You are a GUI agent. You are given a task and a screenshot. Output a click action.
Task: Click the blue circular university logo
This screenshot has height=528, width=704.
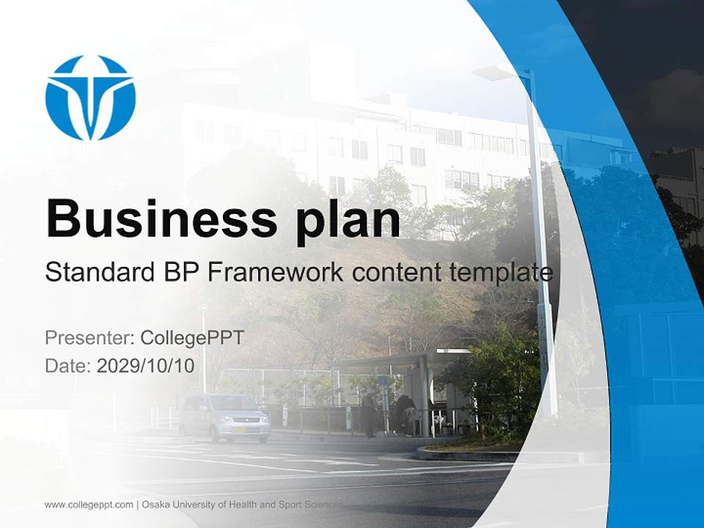(90, 97)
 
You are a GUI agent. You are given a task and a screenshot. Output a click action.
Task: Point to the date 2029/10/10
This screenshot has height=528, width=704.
(146, 365)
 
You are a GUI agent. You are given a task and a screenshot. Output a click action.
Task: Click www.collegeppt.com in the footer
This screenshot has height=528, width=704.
(89, 505)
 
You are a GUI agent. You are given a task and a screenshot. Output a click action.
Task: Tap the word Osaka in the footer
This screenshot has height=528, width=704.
(155, 505)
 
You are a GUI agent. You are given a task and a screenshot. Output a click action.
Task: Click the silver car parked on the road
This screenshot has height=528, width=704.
(224, 417)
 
